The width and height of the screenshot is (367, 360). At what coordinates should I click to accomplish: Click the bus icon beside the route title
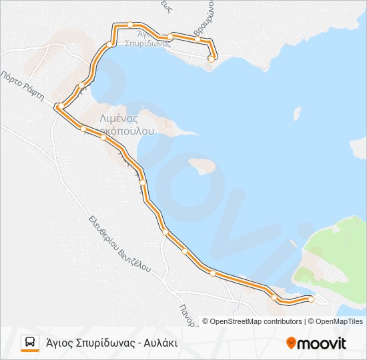(30, 343)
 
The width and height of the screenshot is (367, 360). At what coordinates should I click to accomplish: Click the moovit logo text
(322, 343)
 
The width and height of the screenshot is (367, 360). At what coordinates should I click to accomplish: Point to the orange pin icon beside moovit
(291, 343)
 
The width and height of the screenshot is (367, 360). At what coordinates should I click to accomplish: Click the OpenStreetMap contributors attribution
(256, 321)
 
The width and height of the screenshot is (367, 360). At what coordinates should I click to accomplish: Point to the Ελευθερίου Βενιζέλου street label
(120, 243)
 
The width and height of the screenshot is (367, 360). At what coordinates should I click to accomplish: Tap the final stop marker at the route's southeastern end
(311, 299)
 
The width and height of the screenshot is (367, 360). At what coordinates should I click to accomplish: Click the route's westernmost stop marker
(59, 106)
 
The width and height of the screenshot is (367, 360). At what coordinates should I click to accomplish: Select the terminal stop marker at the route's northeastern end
(212, 59)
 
